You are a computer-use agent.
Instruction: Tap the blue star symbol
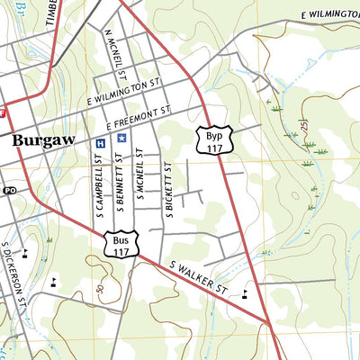[121, 140]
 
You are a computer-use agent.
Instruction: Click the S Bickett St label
[167, 186]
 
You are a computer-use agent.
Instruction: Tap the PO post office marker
[10, 190]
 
